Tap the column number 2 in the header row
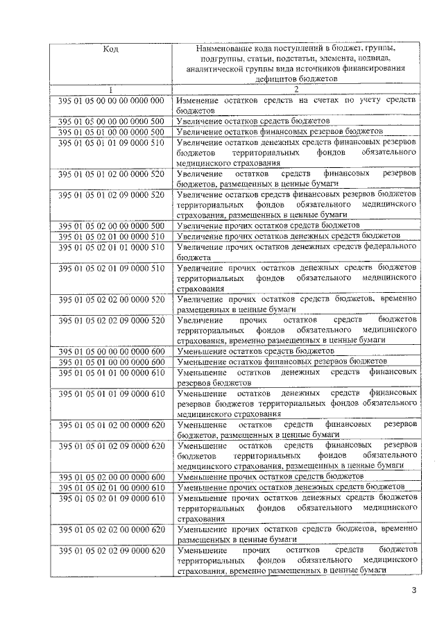pos(296,90)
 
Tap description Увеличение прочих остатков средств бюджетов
pos(268,226)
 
